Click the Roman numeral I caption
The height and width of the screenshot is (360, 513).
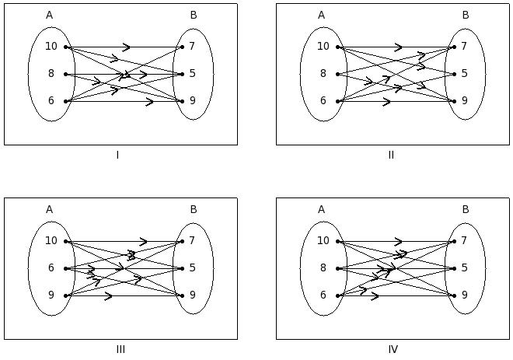[117, 156]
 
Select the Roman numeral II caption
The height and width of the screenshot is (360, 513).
[391, 156]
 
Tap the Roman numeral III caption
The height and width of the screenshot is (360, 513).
[120, 349]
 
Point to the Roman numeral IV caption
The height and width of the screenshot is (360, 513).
[393, 349]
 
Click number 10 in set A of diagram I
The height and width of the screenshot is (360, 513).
[51, 47]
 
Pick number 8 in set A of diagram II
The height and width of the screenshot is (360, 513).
[323, 74]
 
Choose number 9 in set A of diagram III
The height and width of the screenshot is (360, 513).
[51, 295]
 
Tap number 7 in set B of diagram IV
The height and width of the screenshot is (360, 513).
[464, 241]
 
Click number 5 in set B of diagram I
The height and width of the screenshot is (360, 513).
[192, 74]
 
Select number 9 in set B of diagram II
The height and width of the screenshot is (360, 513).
[464, 101]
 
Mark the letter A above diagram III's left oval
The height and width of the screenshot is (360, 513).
[49, 209]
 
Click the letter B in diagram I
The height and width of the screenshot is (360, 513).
[193, 15]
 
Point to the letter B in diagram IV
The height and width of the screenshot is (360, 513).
[465, 209]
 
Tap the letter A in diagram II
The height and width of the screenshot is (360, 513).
[321, 15]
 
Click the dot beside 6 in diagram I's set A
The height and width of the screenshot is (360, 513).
[66, 101]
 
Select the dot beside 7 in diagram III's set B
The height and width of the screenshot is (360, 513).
[182, 241]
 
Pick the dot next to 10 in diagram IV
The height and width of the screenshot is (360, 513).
[338, 241]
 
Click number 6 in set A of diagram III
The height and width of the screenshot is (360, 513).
[51, 268]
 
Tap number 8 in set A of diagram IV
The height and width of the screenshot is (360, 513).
[323, 268]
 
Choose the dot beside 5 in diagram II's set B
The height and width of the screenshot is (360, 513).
[454, 74]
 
